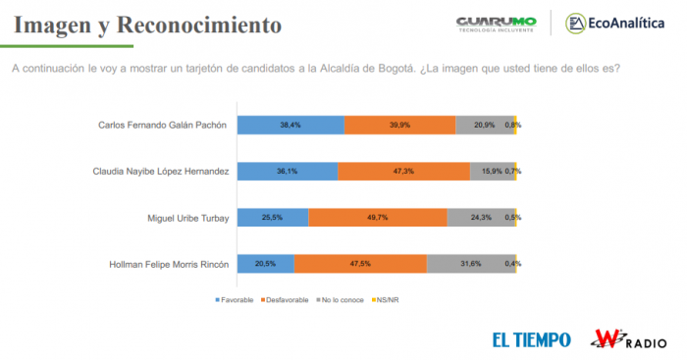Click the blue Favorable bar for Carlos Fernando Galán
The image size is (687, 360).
click(x=291, y=125)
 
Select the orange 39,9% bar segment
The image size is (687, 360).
click(x=400, y=125)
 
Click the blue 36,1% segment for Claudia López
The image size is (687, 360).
click(x=288, y=171)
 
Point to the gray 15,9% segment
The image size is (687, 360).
click(x=491, y=171)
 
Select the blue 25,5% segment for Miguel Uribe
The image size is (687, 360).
click(x=273, y=217)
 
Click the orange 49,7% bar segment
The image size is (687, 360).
click(x=378, y=217)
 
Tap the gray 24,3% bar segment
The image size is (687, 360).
click(x=480, y=217)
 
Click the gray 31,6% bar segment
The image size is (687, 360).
click(x=470, y=263)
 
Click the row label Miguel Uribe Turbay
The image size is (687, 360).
click(x=185, y=218)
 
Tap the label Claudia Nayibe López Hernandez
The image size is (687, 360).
click(x=161, y=172)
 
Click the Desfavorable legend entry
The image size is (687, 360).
click(x=288, y=298)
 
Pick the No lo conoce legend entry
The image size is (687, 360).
click(x=343, y=298)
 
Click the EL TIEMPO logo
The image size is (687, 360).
click(x=531, y=339)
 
